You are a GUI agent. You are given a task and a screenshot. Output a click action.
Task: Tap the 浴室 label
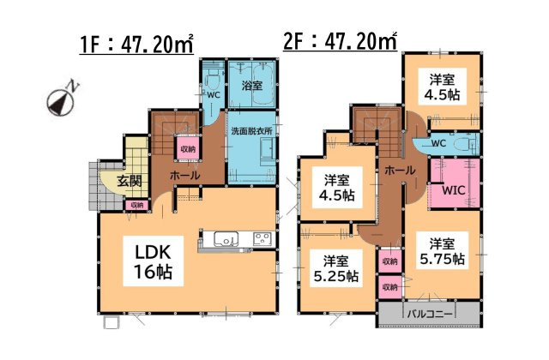pyautogui.click(x=251, y=86)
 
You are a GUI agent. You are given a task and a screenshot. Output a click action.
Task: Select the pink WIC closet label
pyautogui.click(x=454, y=191)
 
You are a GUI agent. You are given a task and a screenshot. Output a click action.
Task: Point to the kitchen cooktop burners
pyautogui.click(x=262, y=239)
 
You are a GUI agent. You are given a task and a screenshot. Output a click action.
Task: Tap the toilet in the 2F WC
pyautogui.click(x=464, y=142)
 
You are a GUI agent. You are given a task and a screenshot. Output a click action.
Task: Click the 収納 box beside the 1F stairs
pyautogui.click(x=187, y=148)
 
